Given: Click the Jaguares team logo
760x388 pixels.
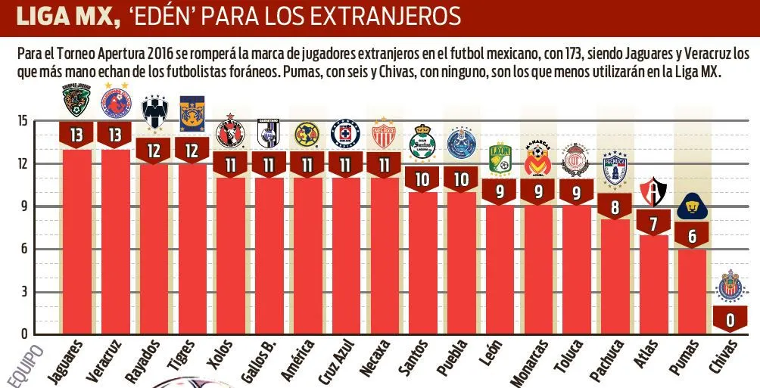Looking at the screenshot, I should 76,101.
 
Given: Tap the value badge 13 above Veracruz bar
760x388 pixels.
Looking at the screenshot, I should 116,135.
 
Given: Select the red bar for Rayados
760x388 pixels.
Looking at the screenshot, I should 154,250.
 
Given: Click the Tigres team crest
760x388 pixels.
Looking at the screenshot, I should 192,113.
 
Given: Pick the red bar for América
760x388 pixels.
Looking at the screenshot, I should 307,257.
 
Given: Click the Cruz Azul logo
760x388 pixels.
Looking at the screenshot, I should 345,134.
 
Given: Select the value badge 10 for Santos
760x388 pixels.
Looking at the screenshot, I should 422,178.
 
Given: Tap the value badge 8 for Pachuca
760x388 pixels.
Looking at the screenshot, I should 614,206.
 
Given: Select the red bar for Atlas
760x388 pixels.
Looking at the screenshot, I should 653,287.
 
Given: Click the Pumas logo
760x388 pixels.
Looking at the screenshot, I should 691,206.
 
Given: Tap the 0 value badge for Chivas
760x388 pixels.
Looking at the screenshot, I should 730,321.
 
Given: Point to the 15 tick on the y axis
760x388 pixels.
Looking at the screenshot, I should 22,121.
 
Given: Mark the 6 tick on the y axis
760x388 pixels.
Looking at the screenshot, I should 24,249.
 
